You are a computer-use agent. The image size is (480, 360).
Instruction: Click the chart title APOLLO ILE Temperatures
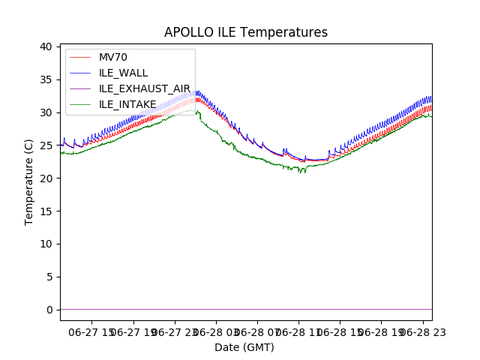pos(246,32)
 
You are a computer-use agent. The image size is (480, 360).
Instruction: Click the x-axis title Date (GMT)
pos(244,347)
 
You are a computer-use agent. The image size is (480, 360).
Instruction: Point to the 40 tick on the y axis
pos(46,46)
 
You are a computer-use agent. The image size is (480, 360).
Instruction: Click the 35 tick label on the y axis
pos(46,79)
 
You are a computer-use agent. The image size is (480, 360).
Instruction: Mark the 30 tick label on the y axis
pos(46,112)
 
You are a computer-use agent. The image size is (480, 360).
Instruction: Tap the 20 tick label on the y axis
pos(46,178)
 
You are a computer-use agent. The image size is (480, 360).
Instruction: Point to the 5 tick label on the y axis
pos(49,277)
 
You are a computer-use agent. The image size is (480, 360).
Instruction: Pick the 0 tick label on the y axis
pos(49,310)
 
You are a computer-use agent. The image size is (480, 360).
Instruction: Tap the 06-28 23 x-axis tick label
pos(424,331)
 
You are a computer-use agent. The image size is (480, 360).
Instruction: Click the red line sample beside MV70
pos(80,58)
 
